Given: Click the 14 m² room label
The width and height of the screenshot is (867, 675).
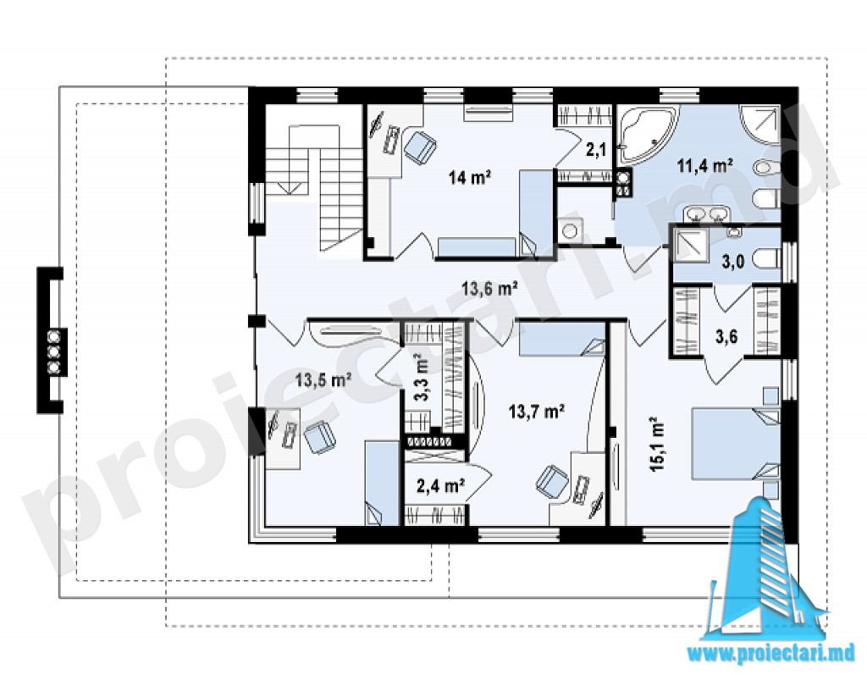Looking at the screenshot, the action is point(470,178).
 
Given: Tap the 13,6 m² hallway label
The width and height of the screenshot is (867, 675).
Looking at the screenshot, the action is point(490,288).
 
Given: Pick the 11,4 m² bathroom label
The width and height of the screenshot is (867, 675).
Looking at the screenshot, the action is point(705,165).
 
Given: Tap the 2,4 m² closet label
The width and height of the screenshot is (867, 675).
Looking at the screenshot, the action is point(439,486).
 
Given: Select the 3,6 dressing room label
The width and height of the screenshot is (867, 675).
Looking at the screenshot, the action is point(726,336).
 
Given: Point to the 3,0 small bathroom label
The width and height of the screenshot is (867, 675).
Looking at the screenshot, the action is point(732,262).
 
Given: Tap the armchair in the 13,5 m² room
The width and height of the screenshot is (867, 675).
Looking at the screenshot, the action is point(320,434).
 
